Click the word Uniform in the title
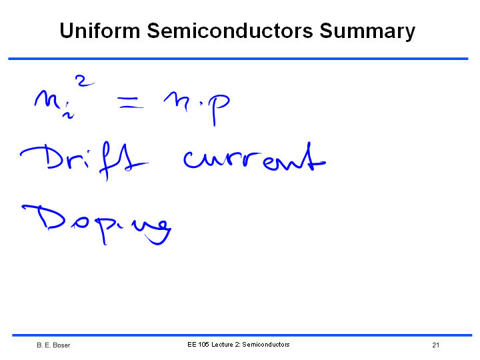pyautogui.click(x=100, y=31)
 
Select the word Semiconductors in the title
pyautogui.click(x=230, y=31)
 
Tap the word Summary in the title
pyautogui.click(x=367, y=32)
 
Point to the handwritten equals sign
pyautogui.click(x=131, y=103)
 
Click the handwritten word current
pyautogui.click(x=255, y=157)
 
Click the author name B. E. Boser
pyautogui.click(x=53, y=345)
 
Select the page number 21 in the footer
pyautogui.click(x=435, y=345)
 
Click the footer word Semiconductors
pyautogui.click(x=266, y=345)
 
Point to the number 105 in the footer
pyautogui.click(x=203, y=345)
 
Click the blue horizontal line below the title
pyautogui.click(x=238, y=59)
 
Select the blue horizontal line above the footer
pyautogui.click(x=242, y=335)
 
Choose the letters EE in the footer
pyautogui.click(x=191, y=345)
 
